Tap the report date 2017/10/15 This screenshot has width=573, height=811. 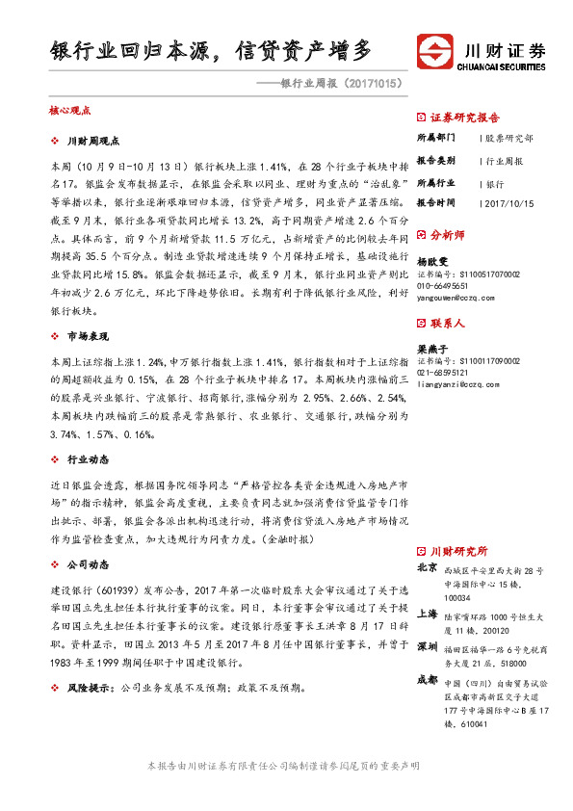508,203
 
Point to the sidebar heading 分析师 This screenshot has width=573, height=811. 447,234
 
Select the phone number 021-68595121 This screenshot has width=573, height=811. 443,372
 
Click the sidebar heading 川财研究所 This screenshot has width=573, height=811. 458,550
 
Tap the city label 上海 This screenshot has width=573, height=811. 428,613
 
